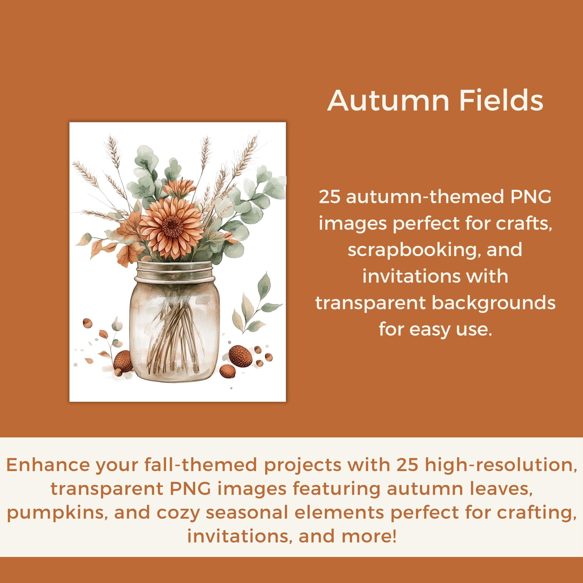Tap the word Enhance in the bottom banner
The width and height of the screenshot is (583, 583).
coord(48,465)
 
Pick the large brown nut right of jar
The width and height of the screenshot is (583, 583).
coord(240,356)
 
